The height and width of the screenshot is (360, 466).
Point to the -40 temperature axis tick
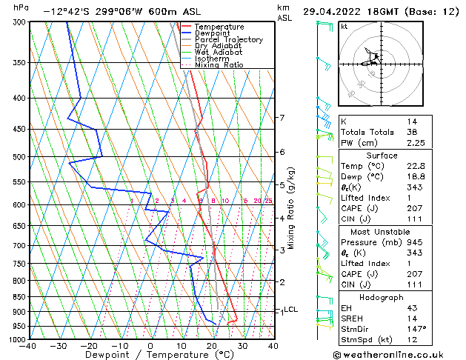pos(29,345)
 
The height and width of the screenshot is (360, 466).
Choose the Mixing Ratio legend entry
pos(219,64)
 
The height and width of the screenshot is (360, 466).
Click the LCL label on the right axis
pos(290,310)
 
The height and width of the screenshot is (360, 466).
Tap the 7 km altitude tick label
pos(282,118)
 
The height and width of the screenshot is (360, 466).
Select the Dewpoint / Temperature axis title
pos(150,355)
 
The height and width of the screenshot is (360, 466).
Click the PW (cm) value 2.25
pos(416,144)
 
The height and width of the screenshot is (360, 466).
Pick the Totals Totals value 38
pos(412,132)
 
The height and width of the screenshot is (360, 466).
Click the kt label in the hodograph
pos(344,26)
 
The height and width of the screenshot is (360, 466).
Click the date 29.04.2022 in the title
pos(334,11)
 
